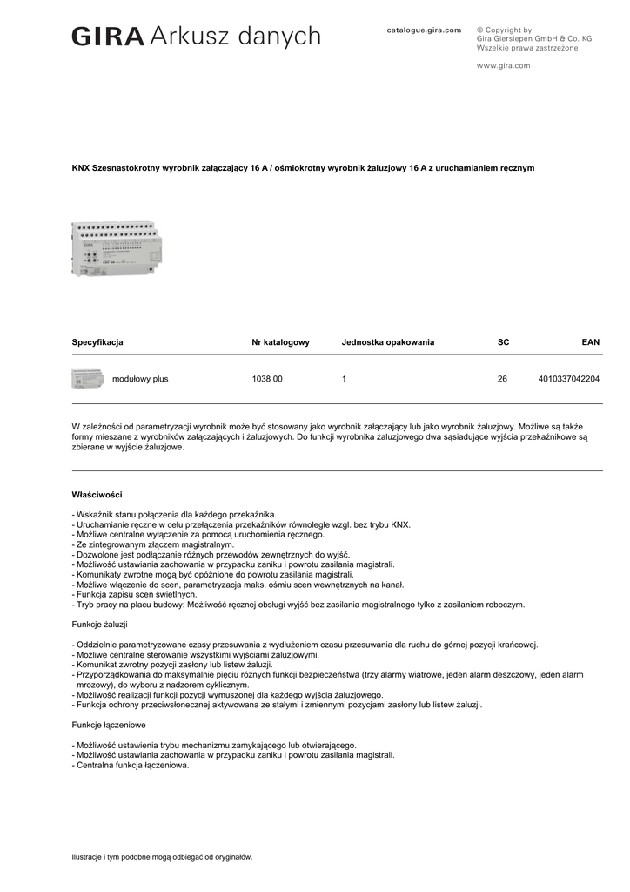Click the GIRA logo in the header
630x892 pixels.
(108, 37)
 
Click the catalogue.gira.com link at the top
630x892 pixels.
(424, 30)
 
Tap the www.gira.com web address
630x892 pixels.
(503, 65)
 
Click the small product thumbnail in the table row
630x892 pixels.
(87, 379)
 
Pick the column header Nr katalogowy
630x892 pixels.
(280, 342)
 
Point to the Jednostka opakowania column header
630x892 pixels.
(387, 342)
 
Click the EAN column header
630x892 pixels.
(590, 342)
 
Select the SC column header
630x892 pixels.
(503, 342)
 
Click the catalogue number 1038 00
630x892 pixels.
(267, 380)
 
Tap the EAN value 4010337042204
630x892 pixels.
(569, 380)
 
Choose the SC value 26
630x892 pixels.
(502, 380)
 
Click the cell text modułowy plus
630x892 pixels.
(140, 380)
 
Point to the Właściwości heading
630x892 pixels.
(96, 495)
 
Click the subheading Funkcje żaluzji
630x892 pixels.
(99, 625)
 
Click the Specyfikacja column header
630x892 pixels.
(97, 342)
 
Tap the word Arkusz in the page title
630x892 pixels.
(186, 37)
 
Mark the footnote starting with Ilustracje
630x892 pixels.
(162, 857)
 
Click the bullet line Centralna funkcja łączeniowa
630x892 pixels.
(132, 766)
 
